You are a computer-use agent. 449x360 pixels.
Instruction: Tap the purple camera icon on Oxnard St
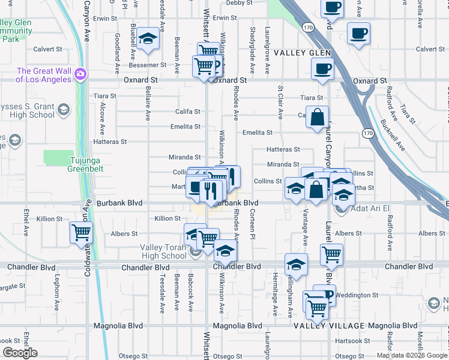pos(80,74)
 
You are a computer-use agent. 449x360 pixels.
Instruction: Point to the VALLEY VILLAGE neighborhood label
pos(328,325)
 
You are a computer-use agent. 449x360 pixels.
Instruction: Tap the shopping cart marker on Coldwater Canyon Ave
pos(81,232)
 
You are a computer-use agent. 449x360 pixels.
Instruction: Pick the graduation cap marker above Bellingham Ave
pos(296,263)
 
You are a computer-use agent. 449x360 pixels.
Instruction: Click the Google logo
pos(20,352)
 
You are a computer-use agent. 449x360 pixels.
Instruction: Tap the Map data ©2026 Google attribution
pos(412,355)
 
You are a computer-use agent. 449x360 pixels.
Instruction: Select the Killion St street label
pos(167,218)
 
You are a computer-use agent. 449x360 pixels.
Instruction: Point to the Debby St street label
pos(240,3)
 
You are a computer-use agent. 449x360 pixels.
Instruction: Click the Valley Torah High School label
pos(163,251)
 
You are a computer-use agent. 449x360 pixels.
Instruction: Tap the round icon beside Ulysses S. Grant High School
pos(64,110)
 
